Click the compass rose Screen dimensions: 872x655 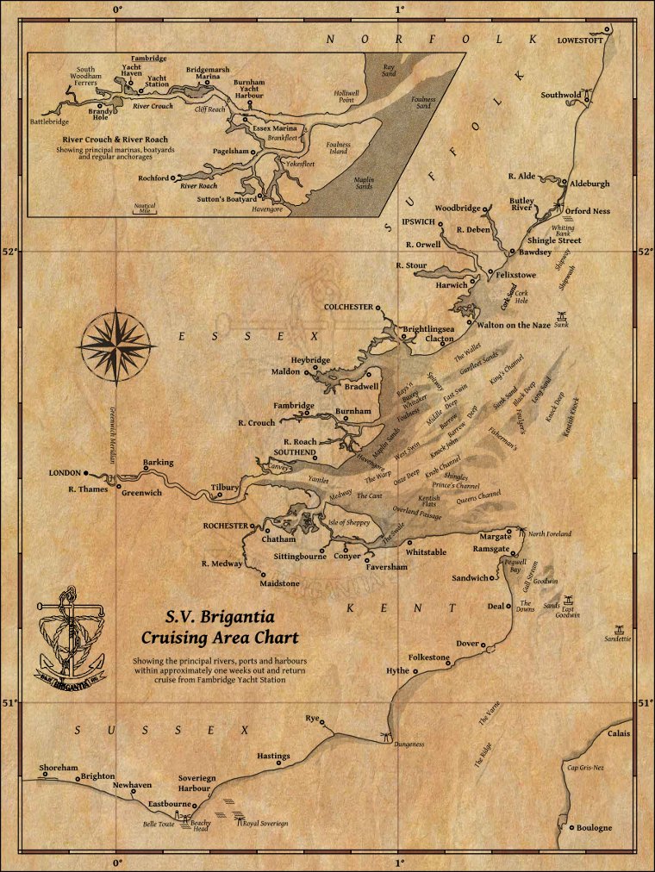[x=118, y=345]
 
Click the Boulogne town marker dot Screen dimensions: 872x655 [x=571, y=828]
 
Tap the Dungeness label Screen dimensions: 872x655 [x=409, y=744]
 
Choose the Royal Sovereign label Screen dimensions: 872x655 [x=265, y=824]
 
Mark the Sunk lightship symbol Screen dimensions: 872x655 [x=562, y=316]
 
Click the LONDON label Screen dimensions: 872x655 [x=65, y=473]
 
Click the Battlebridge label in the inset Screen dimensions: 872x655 [x=49, y=122]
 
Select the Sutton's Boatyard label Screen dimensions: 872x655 [x=226, y=199]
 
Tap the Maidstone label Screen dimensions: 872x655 [x=280, y=583]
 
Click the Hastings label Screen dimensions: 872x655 [x=274, y=756]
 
